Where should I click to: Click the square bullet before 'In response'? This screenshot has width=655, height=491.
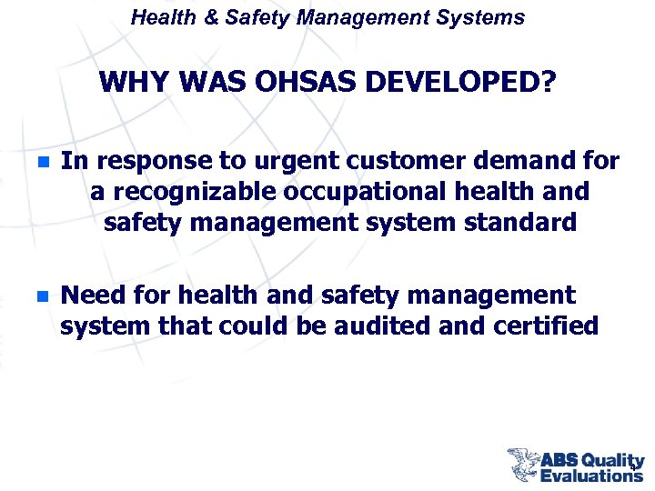(x=41, y=163)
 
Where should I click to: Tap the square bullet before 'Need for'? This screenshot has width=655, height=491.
(x=41, y=296)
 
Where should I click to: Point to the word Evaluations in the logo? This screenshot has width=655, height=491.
(x=591, y=476)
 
